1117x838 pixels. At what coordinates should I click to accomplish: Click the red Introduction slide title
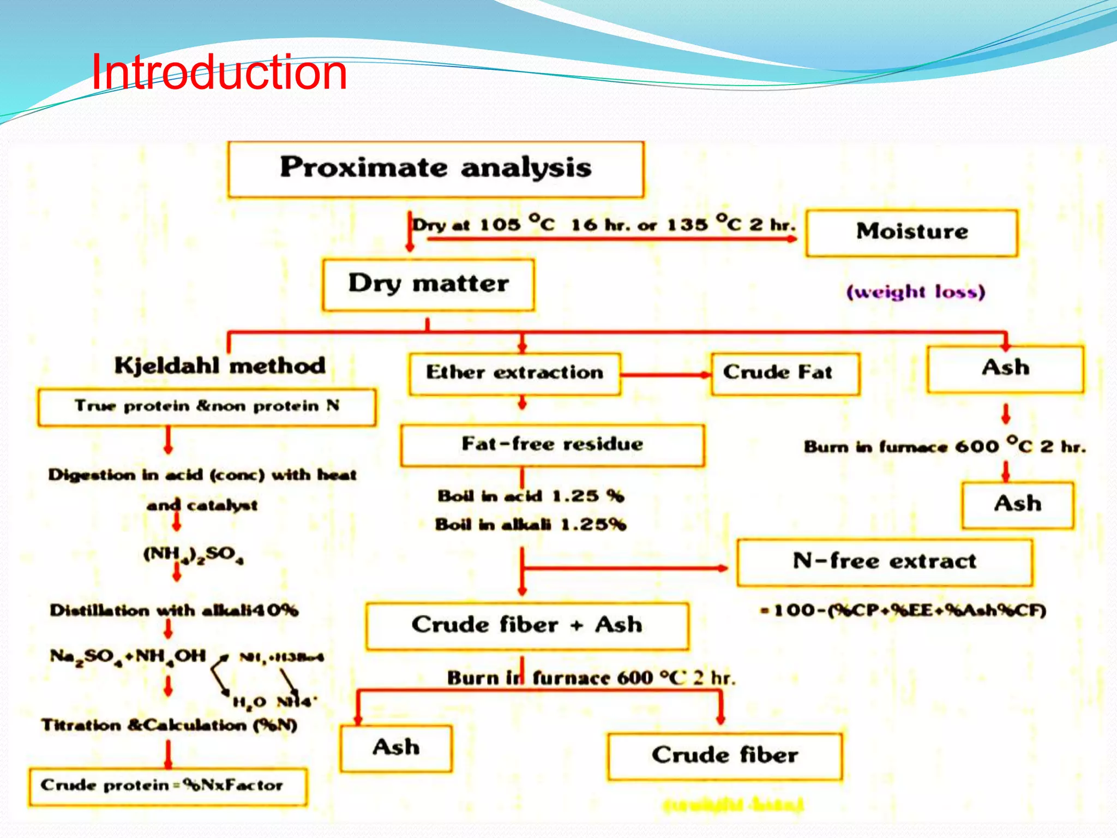(219, 73)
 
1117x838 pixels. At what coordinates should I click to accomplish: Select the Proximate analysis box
(436, 169)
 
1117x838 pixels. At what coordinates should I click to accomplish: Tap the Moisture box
(911, 232)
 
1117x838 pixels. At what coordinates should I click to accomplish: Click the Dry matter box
(428, 284)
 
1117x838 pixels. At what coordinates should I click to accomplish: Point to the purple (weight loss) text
(916, 292)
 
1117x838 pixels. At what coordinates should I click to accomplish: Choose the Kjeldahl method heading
(220, 366)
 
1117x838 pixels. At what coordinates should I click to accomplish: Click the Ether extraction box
(514, 373)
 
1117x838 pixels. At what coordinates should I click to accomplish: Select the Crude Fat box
(784, 373)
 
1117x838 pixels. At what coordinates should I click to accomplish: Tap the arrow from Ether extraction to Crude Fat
(665, 374)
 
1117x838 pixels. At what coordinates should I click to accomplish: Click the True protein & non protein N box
(207, 406)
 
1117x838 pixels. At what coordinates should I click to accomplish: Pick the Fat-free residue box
(552, 445)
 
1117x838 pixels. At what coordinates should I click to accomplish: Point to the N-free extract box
(884, 562)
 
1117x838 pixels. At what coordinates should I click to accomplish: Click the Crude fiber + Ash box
(527, 626)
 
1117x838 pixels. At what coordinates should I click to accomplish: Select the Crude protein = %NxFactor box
(167, 786)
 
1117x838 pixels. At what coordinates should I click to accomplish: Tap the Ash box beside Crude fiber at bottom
(396, 748)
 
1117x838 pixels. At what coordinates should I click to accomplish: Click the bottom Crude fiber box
(724, 756)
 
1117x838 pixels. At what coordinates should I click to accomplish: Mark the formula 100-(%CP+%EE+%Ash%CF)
(903, 610)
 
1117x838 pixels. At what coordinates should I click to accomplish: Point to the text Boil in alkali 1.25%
(530, 525)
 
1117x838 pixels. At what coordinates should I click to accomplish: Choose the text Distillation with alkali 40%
(174, 610)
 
